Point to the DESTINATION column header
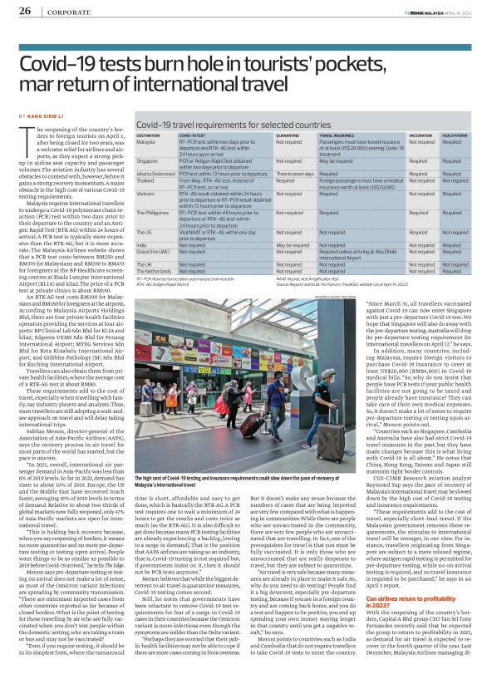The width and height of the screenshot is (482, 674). coord(148,134)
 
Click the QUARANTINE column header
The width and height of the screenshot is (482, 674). coord(287,134)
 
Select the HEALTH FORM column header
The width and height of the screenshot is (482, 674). coord(454,134)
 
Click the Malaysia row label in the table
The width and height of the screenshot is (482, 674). coord(147,142)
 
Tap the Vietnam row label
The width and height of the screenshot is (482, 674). coord(146,193)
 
